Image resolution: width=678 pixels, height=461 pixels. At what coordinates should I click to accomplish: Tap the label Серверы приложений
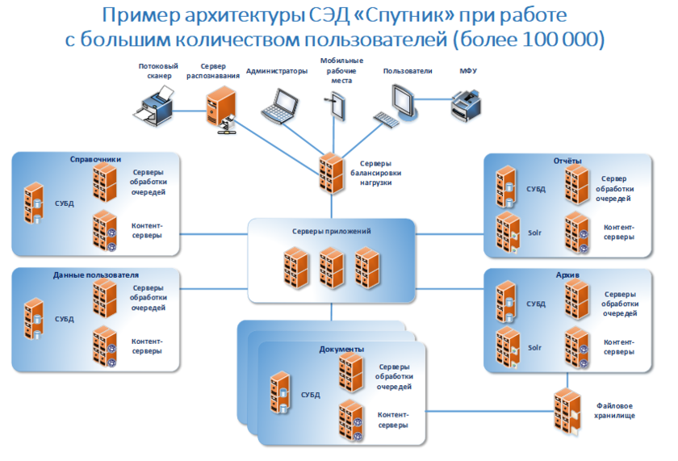pyautogui.click(x=331, y=232)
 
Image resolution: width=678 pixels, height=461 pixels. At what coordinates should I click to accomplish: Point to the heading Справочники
pyautogui.click(x=95, y=160)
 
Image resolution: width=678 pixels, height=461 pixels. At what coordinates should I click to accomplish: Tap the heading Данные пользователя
pyautogui.click(x=95, y=275)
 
